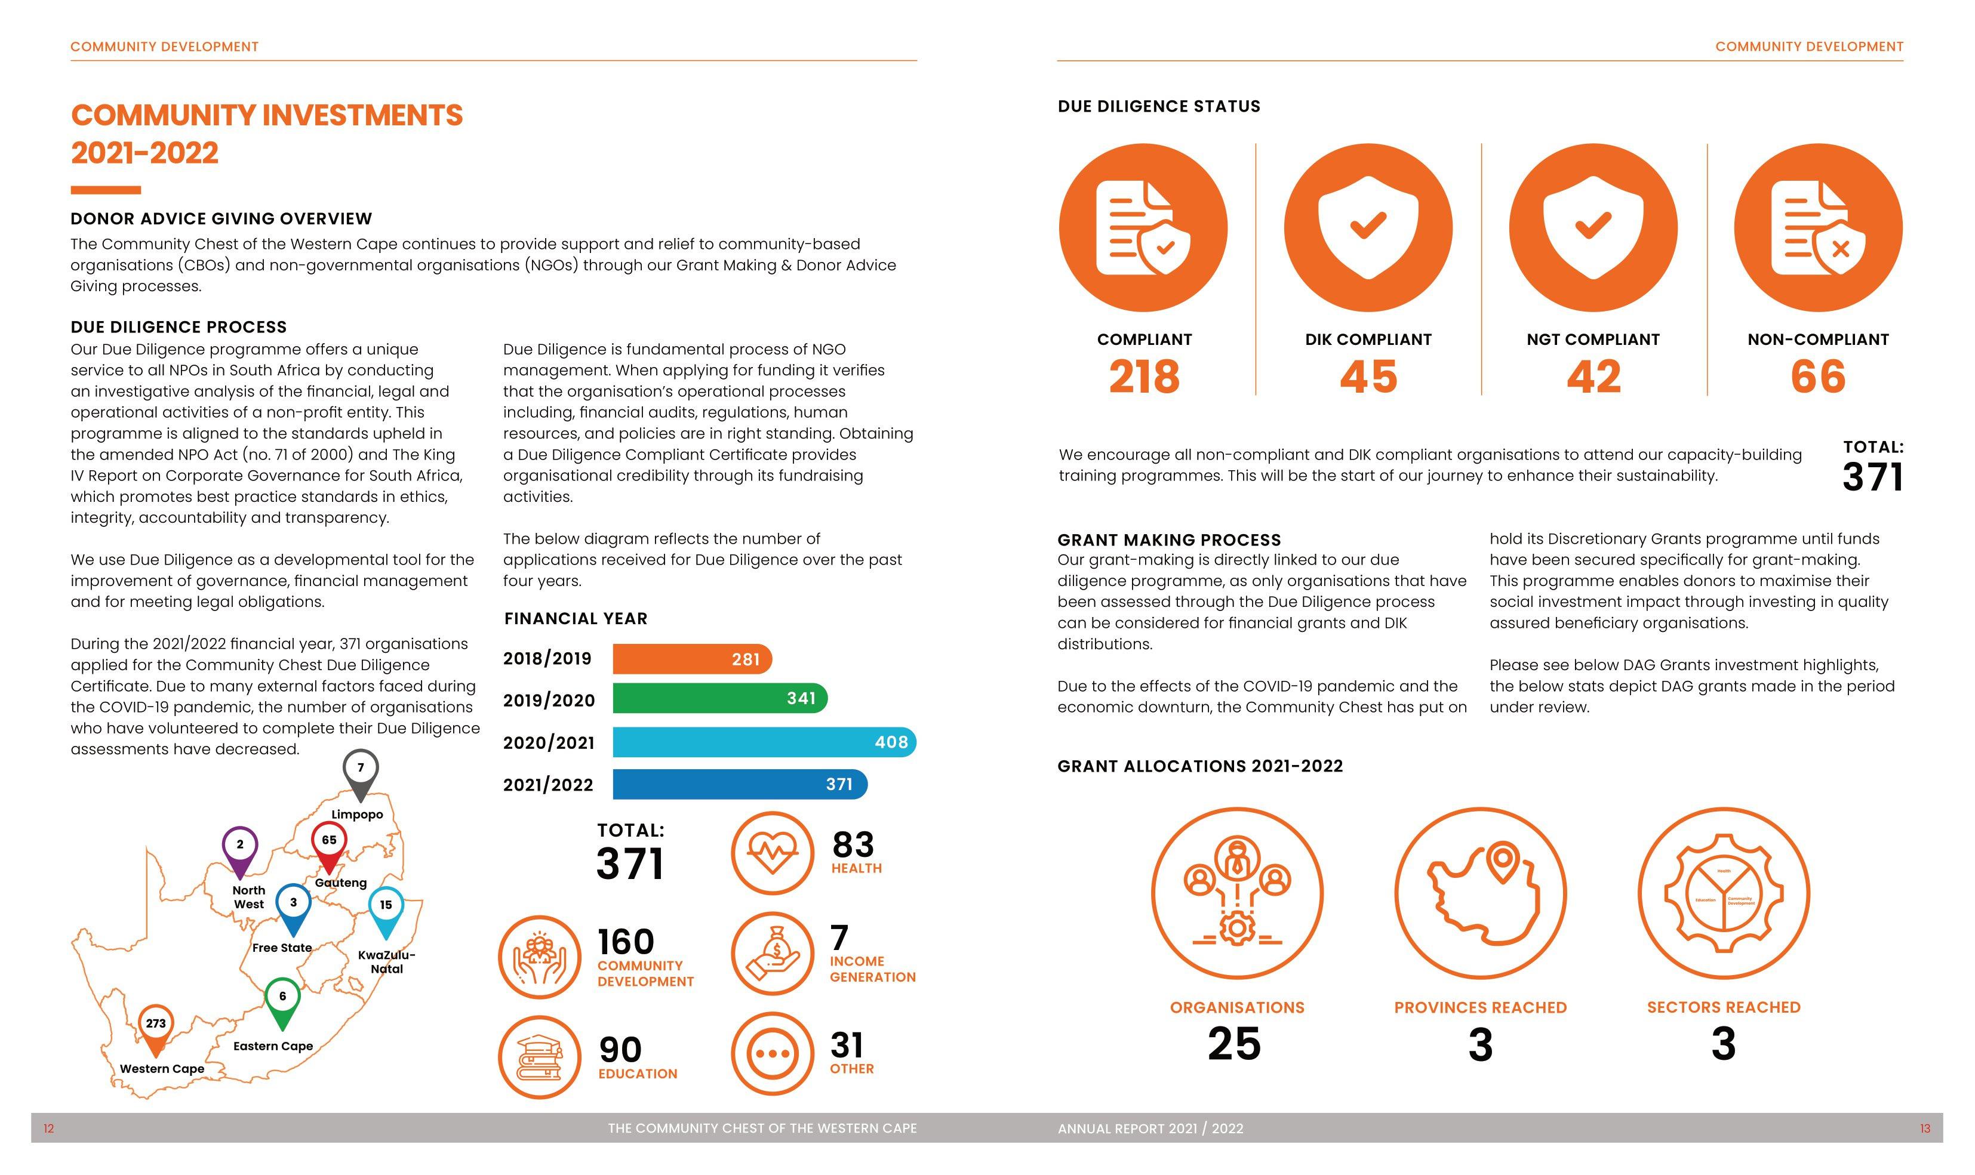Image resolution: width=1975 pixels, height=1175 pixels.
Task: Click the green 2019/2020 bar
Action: coord(719,698)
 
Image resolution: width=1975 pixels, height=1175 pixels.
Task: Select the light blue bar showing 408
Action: coord(764,742)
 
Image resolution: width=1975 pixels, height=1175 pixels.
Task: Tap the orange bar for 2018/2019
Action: coord(691,659)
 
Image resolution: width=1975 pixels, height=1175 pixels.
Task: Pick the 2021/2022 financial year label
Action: coord(548,785)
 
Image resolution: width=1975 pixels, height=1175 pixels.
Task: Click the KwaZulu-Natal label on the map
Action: coord(386,961)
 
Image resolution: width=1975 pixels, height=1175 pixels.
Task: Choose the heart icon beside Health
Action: coord(772,853)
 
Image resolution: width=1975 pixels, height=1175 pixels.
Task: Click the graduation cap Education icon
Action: coord(539,1057)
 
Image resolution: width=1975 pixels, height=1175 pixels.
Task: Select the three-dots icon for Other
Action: coord(772,1054)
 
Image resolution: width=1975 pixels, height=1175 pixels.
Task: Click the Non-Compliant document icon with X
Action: coord(1817,228)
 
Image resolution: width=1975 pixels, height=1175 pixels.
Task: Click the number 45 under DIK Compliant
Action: coord(1368,377)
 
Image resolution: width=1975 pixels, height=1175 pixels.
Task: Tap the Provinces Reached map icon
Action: coord(1480,893)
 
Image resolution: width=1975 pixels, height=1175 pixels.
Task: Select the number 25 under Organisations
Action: coord(1235,1044)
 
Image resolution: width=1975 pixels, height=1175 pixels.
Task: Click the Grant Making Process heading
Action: coord(1169,540)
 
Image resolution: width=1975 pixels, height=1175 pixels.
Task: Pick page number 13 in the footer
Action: coord(1925,1128)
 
